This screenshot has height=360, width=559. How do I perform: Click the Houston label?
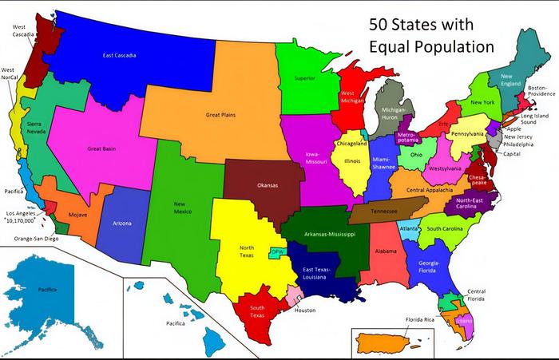point(305,310)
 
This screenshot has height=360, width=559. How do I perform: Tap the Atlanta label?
point(409,227)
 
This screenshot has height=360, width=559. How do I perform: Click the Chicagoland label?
point(351,144)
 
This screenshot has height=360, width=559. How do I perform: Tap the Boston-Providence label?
point(541,91)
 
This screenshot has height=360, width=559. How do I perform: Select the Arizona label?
point(122,223)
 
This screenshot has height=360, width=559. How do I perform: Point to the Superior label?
point(305,79)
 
